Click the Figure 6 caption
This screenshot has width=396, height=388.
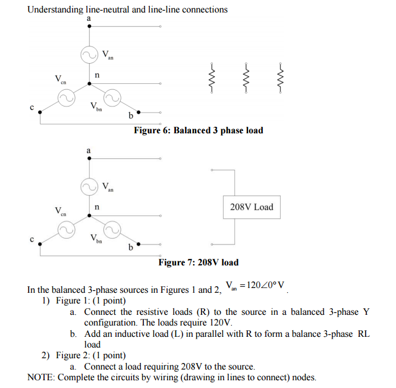tap(198, 130)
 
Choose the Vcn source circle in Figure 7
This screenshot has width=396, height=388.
tap(66, 229)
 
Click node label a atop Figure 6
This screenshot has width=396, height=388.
tap(89, 19)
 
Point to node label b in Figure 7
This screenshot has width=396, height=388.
tap(130, 248)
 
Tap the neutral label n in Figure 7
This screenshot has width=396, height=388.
tap(96, 208)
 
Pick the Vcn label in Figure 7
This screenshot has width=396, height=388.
tap(61, 211)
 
